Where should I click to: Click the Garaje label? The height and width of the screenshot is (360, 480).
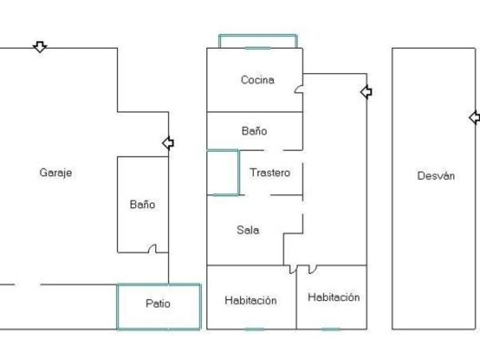(56, 172)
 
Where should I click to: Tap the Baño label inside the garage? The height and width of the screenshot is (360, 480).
(142, 204)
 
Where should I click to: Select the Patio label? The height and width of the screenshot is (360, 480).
(157, 304)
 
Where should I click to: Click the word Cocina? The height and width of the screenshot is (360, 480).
(257, 80)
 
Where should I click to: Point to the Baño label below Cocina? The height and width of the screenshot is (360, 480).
(254, 131)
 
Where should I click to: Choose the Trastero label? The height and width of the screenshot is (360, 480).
(270, 172)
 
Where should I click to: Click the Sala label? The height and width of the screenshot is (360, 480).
(247, 230)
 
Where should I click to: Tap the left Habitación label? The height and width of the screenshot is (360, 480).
(250, 301)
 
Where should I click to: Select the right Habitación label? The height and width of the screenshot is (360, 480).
(334, 297)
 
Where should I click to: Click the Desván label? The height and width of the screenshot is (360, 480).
(436, 176)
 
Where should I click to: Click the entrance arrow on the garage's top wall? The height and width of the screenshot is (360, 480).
(40, 47)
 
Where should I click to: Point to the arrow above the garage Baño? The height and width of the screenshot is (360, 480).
(167, 143)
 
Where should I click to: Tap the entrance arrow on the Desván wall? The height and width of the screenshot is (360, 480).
(474, 117)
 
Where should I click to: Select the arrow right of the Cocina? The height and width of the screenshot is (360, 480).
(366, 92)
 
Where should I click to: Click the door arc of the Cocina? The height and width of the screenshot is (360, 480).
(299, 90)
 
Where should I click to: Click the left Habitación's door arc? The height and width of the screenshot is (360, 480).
(292, 269)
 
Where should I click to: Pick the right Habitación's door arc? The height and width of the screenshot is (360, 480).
(312, 269)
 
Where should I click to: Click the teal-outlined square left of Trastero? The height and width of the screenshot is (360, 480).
(222, 172)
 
